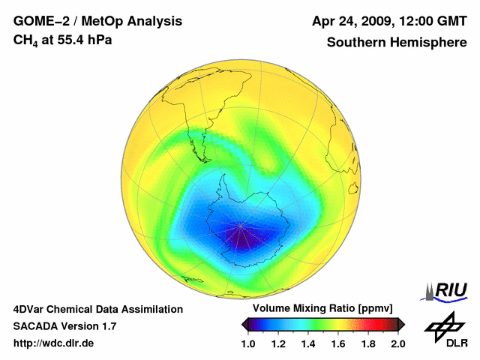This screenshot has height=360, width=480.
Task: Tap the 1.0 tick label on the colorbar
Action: pos(248,343)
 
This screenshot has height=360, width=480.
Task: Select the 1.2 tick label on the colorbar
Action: pos(278,343)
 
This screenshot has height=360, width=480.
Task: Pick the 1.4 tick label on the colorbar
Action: pos(308,343)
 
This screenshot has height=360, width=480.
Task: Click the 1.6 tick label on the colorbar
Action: pos(337,343)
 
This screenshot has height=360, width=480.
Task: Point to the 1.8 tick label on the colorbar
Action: pos(367,343)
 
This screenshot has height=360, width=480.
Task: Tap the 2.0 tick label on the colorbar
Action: pos(397,343)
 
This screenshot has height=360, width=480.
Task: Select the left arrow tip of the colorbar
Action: pos(243,324)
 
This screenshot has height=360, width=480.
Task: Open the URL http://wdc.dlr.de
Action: pos(54,343)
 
